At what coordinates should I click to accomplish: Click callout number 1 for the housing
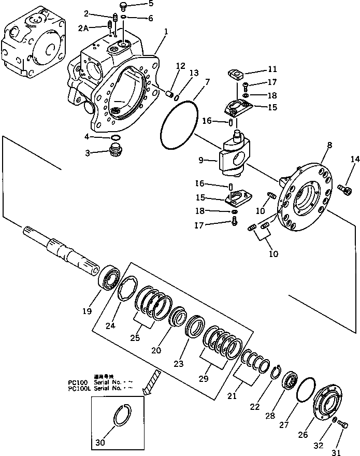coord(166,32)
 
